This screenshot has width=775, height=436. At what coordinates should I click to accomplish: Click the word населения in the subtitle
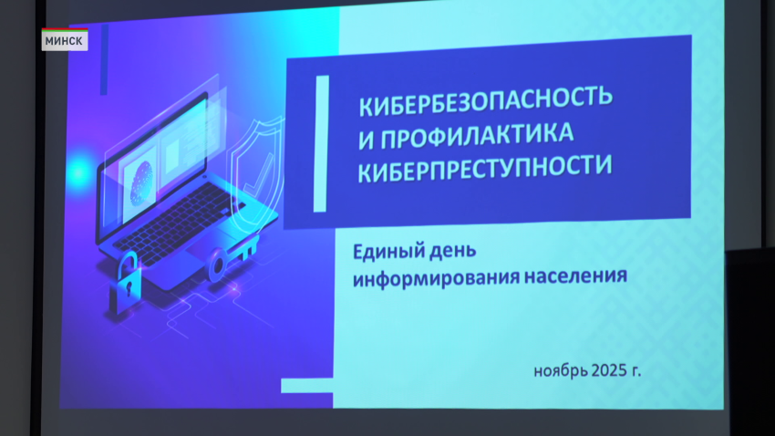coord(571,275)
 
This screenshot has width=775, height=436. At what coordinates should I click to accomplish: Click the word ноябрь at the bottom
coord(561,371)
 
